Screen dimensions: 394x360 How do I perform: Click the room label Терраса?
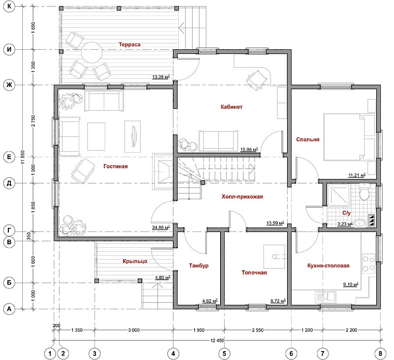pos(130,44)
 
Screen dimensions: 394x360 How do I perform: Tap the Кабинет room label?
pos(231,107)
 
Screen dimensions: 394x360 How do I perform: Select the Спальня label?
pos(307,139)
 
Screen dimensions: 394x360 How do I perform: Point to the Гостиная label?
pos(115,166)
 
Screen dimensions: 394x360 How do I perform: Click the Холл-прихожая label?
pos(242,196)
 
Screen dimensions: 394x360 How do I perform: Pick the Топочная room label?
pos(254,272)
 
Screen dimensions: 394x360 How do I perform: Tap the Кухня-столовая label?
pos(328,265)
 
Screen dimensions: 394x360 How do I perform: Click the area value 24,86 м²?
pos(161,228)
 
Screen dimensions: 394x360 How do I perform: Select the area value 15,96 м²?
pos(249,150)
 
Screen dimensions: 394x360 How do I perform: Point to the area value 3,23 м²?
pos(345,224)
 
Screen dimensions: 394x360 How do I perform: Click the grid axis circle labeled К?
pos(9,6)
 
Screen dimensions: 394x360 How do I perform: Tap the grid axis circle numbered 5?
pos(224,354)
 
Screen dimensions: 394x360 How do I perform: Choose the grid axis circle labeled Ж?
pos(9,85)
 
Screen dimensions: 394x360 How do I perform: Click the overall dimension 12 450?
pos(217,340)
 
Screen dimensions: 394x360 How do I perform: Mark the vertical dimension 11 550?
pos(23,157)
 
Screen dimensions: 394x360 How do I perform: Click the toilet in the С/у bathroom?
pos(364,193)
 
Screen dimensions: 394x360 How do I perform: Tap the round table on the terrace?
pos(92,53)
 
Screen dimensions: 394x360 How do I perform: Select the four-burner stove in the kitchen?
pos(368,264)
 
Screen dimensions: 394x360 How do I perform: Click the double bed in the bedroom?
pos(343,137)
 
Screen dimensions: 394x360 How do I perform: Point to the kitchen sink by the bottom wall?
pos(326,296)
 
